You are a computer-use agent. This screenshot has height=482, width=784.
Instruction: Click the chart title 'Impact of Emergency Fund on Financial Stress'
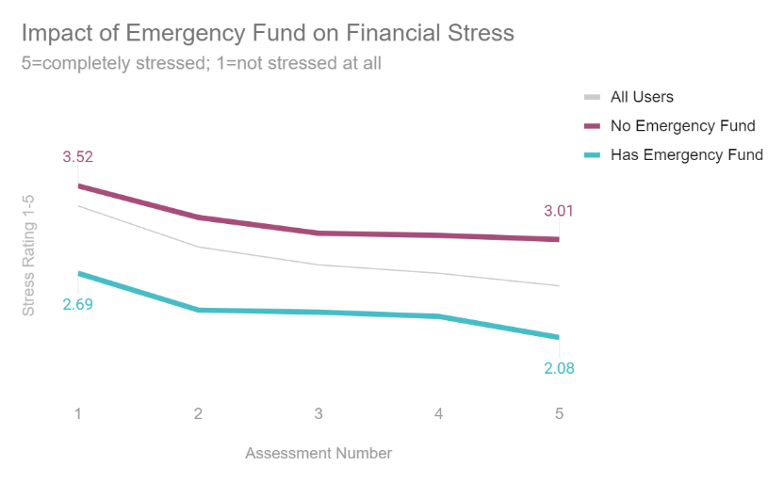pyautogui.click(x=268, y=34)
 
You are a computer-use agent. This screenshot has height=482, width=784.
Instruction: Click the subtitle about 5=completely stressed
pyautogui.click(x=201, y=65)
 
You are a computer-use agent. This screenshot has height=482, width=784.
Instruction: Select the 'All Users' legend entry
pyautogui.click(x=642, y=97)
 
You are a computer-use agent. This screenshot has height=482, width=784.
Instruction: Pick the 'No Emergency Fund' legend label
pyautogui.click(x=682, y=126)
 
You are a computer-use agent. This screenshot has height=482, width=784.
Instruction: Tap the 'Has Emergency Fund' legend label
pyautogui.click(x=686, y=155)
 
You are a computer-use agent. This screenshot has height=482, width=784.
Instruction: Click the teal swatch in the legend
pyautogui.click(x=593, y=155)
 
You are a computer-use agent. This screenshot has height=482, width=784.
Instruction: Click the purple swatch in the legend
pyautogui.click(x=593, y=126)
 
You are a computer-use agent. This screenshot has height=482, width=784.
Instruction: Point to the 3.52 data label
pyautogui.click(x=78, y=157)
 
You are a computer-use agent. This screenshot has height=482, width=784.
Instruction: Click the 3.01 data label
pyautogui.click(x=559, y=211)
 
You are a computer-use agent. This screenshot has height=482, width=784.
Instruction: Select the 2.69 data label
pyautogui.click(x=78, y=304)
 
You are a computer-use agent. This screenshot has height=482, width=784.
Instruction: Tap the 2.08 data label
pyautogui.click(x=559, y=369)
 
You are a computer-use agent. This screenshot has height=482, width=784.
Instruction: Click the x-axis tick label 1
pyautogui.click(x=78, y=413)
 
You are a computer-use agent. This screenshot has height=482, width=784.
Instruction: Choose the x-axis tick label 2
pyautogui.click(x=199, y=413)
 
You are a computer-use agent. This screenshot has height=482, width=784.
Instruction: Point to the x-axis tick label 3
pyautogui.click(x=318, y=413)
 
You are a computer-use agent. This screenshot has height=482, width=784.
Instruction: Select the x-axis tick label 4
pyautogui.click(x=439, y=413)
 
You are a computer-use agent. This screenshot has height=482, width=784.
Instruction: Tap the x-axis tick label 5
pyautogui.click(x=559, y=413)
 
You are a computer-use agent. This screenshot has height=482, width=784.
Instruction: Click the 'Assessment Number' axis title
pyautogui.click(x=318, y=453)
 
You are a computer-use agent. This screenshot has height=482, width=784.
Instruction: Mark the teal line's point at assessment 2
pyautogui.click(x=199, y=310)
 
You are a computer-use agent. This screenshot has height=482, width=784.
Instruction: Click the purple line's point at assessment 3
pyautogui.click(x=318, y=233)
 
